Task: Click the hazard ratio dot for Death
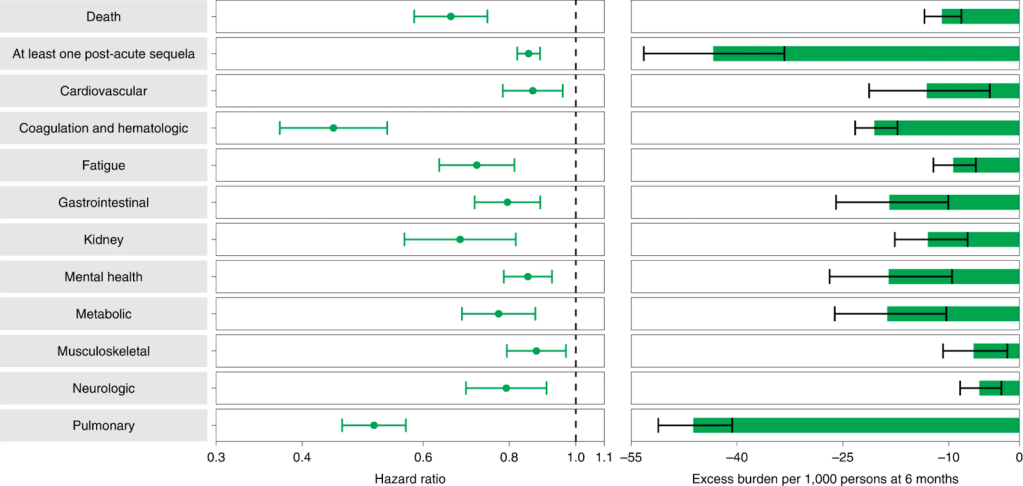coord(450,16)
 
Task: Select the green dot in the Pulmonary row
coord(374,425)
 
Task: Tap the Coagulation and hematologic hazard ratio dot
coord(333,128)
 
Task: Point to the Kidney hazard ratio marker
coord(460,239)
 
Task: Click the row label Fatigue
coord(104,165)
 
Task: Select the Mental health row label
coord(104,277)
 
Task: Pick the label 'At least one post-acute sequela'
coord(104,53)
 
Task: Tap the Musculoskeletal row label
coord(104,351)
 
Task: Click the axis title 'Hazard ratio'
coord(410,479)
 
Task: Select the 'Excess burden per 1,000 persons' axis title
coord(825,479)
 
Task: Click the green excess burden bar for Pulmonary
coord(856,425)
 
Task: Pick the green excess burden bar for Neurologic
coord(999,388)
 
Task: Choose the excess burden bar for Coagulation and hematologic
coord(946,128)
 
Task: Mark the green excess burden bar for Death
coord(980,16)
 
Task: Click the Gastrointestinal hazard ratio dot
coord(507,202)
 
